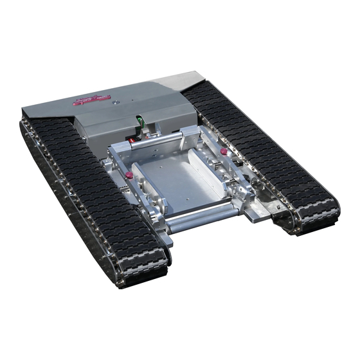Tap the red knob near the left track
[x=129, y=174]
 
